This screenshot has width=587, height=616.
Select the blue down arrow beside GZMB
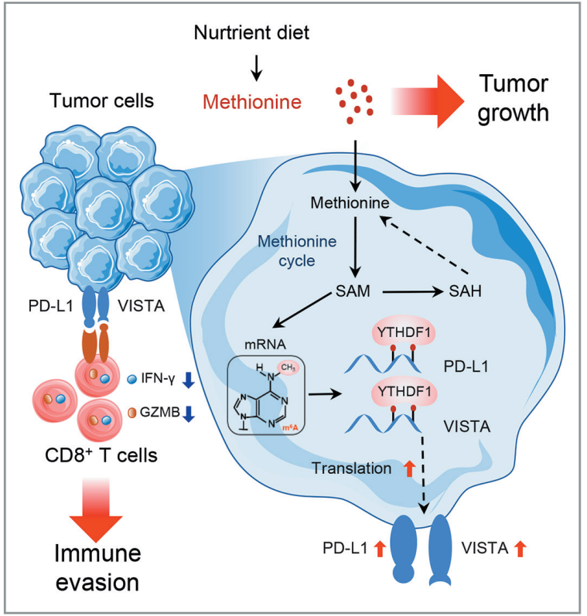[188, 415]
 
